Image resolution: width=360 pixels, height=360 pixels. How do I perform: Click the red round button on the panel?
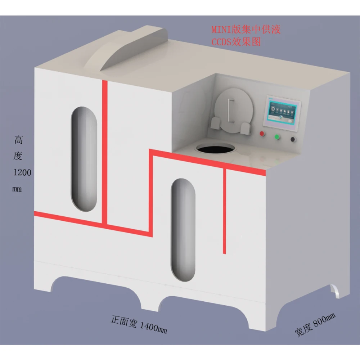[262, 134]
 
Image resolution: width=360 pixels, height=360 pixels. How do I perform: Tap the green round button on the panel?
[277, 137]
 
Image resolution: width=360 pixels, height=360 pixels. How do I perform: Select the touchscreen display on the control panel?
[282, 111]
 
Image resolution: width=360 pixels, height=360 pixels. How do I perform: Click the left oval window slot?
[84, 158]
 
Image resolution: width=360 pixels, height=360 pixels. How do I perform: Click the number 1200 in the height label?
[22, 172]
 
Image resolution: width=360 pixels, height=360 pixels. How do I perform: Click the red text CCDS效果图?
[235, 41]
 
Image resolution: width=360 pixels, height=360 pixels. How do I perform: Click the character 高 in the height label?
[19, 140]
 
